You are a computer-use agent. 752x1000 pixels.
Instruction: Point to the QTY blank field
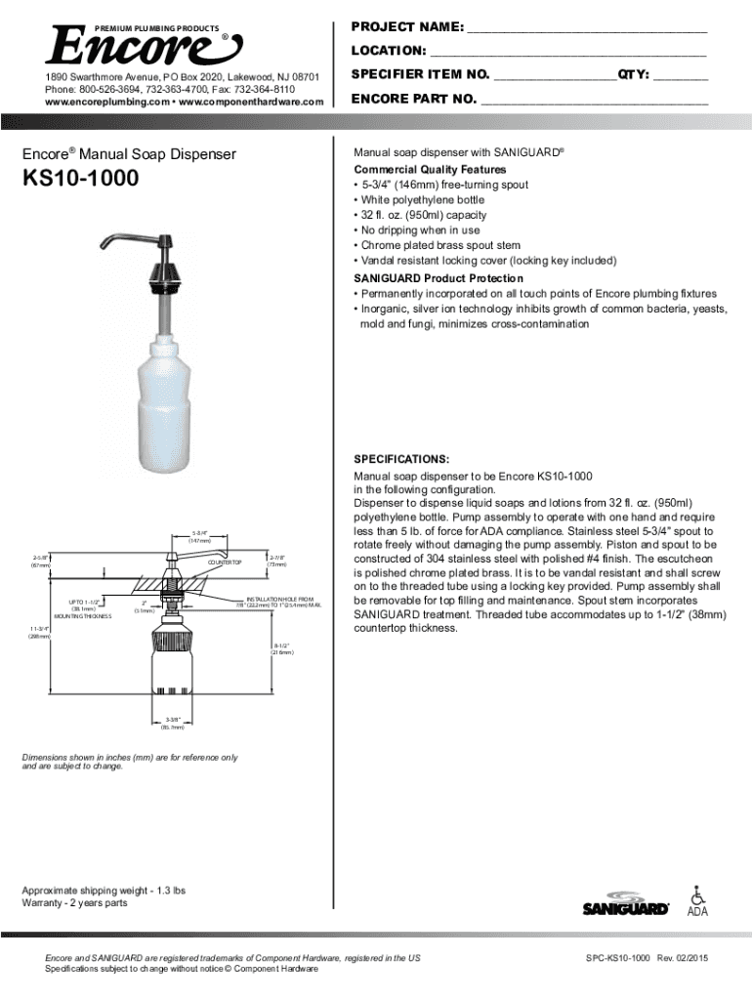coord(680,77)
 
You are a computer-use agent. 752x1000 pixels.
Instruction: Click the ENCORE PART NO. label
coord(413,99)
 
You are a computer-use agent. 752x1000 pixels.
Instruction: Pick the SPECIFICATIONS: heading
coord(401,458)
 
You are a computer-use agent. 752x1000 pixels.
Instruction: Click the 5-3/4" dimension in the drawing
coord(199,533)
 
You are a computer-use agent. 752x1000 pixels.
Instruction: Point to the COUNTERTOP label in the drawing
coord(225,563)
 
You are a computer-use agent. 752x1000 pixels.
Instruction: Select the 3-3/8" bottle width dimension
coord(172,722)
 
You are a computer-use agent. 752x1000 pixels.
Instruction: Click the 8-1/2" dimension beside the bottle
coord(283,648)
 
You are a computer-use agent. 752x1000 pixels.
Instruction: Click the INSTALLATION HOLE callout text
coord(279,602)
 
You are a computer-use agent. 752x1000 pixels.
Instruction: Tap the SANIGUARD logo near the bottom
coord(625,904)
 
